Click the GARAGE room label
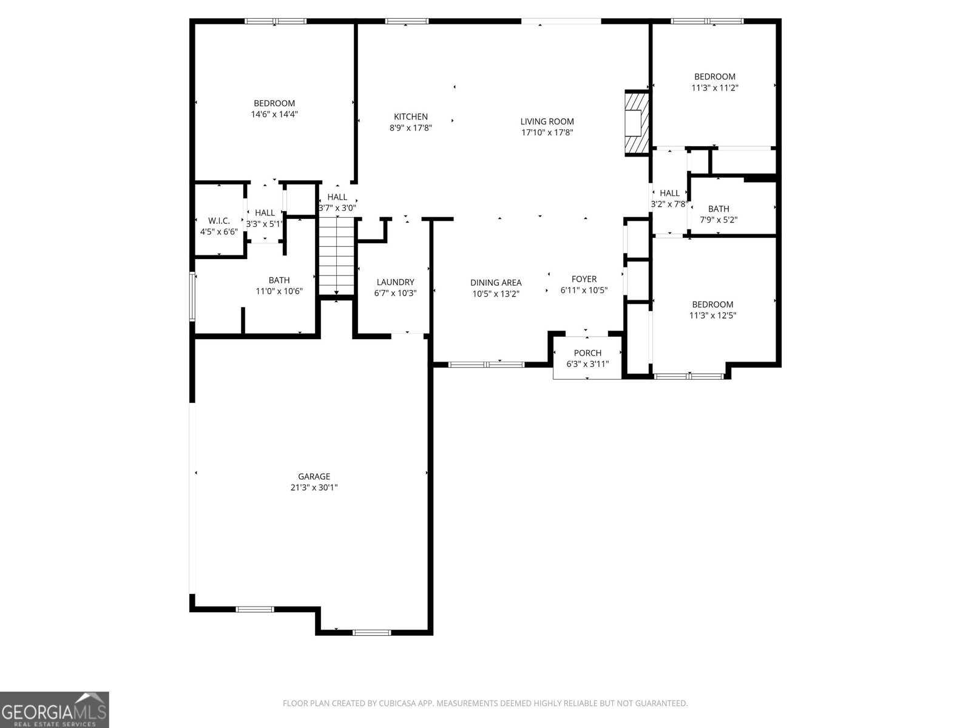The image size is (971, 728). click(x=314, y=476)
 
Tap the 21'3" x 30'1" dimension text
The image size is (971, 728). click(x=314, y=487)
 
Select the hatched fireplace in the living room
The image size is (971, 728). click(x=637, y=123)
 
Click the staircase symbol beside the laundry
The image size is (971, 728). click(x=336, y=255)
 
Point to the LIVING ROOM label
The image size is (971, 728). click(x=547, y=121)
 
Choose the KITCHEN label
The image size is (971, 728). click(x=411, y=116)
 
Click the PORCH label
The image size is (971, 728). click(x=587, y=353)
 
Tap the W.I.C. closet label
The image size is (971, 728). click(x=219, y=221)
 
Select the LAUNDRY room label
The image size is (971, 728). click(x=395, y=282)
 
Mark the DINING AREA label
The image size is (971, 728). click(x=496, y=283)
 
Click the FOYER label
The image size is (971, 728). click(x=584, y=279)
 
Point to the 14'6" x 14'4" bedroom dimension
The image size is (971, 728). click(x=274, y=114)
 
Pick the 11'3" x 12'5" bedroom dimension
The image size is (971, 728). click(x=712, y=315)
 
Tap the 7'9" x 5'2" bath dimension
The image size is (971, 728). click(x=719, y=220)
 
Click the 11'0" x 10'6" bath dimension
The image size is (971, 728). click(x=279, y=291)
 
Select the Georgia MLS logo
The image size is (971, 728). click(x=55, y=710)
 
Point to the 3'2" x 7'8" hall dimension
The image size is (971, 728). click(x=669, y=204)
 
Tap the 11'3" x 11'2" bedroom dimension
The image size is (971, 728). click(x=715, y=87)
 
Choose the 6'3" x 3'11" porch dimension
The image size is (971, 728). click(x=587, y=364)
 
